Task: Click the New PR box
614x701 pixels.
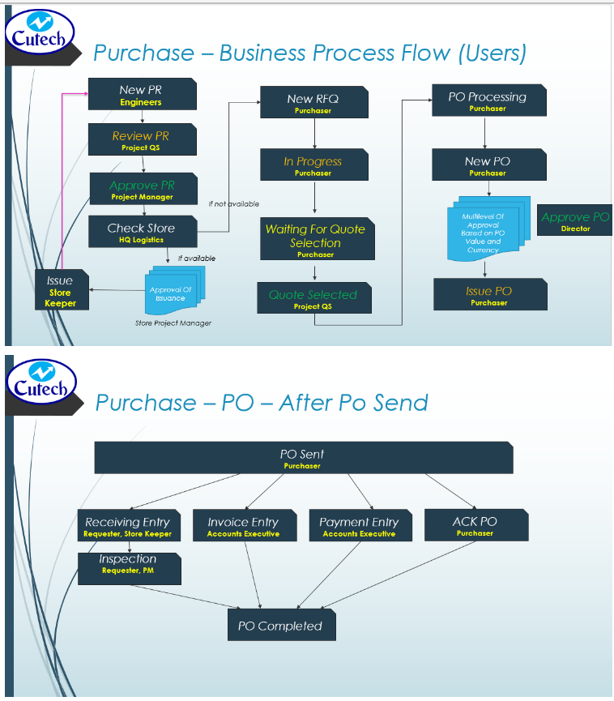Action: [142, 95]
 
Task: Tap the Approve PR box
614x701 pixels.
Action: [142, 190]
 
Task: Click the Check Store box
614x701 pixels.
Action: [142, 232]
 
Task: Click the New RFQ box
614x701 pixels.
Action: [313, 103]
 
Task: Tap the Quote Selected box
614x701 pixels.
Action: [313, 299]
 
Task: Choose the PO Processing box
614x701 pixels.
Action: [488, 101]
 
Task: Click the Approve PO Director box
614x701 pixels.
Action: [575, 221]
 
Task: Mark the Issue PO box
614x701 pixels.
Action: [489, 295]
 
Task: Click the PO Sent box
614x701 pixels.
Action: [303, 459]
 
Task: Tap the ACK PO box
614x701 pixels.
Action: [475, 525]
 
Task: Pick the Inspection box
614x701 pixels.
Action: [128, 566]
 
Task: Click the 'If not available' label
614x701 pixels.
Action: [234, 204]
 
